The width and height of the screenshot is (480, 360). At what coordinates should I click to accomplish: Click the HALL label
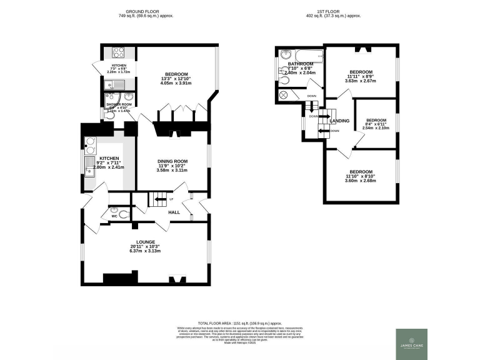(174, 212)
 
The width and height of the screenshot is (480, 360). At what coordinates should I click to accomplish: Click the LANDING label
(339, 121)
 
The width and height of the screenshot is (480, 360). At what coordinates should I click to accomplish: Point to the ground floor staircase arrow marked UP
(161, 200)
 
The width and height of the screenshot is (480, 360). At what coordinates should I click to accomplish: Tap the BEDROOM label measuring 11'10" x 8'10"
(361, 172)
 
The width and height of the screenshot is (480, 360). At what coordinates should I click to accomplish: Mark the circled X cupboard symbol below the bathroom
(283, 94)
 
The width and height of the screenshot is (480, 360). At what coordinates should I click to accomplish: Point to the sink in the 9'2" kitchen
(89, 165)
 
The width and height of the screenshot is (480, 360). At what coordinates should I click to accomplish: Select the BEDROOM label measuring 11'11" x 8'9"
(361, 71)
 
